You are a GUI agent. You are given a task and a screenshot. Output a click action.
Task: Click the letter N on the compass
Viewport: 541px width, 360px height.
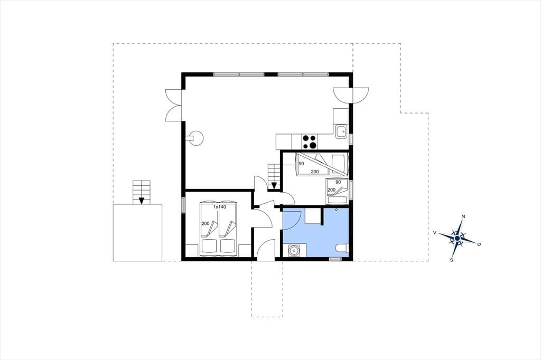[463, 216]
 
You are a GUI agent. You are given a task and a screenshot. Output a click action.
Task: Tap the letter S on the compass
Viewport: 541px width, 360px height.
[451, 260]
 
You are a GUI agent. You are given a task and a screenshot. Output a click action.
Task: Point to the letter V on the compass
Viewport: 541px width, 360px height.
[435, 233]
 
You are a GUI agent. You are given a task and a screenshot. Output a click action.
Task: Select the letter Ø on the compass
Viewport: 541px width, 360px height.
[479, 244]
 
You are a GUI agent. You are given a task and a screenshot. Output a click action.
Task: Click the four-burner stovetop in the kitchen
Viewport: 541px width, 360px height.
[309, 141]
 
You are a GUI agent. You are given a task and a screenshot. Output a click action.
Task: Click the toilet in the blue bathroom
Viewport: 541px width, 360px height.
[342, 248]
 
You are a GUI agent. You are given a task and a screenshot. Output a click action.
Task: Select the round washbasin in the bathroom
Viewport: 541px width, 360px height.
[294, 250]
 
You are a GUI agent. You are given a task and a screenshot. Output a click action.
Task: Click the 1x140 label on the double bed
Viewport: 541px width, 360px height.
[219, 207]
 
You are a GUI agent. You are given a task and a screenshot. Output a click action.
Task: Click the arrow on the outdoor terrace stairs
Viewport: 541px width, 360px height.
[141, 200]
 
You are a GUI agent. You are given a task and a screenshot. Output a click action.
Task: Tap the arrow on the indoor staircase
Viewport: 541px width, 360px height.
[274, 185]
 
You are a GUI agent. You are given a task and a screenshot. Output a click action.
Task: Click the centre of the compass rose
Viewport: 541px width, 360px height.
[457, 238]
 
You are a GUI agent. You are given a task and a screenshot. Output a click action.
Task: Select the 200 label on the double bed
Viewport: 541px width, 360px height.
[206, 223]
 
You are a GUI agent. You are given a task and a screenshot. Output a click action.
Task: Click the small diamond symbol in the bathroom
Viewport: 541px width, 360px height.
[337, 210]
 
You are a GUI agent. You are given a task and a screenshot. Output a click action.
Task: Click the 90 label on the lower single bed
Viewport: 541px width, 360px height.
[338, 182]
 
